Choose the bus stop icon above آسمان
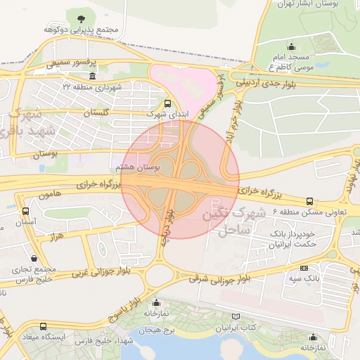pyautogui.click(x=26, y=211)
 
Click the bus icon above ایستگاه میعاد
pyautogui.click(x=44, y=326)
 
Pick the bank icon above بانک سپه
pyautogui.click(x=304, y=268)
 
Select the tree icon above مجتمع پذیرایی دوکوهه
pyautogui.click(x=79, y=18)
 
